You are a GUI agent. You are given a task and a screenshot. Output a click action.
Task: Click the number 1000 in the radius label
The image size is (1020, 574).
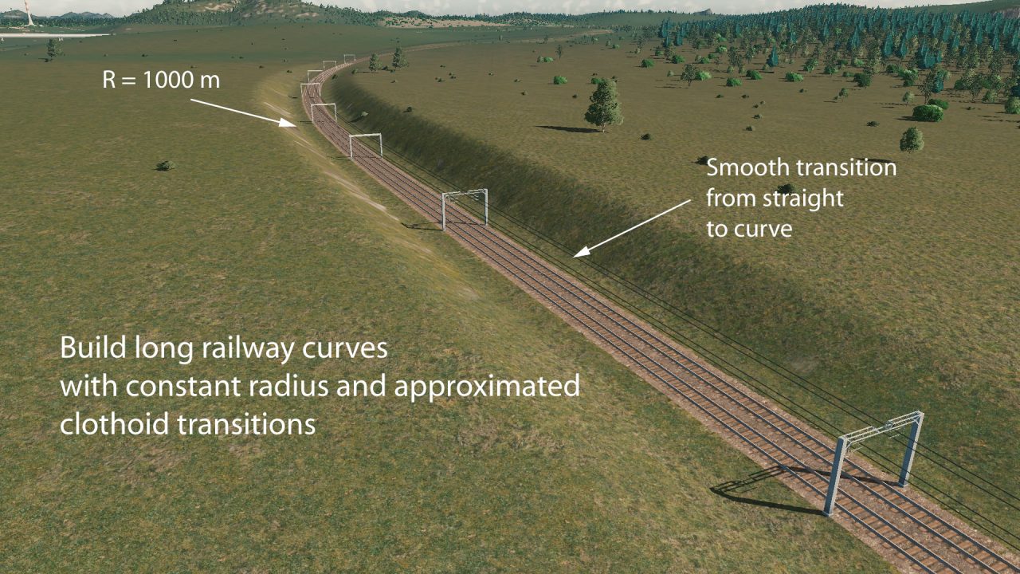pos(168,81)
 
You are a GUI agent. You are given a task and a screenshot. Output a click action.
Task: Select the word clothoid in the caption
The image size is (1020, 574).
pos(114,423)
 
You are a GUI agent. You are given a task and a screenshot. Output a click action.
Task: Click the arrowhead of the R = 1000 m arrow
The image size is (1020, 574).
pos(288,122)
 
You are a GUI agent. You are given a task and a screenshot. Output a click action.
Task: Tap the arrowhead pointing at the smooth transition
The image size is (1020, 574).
pos(582,252)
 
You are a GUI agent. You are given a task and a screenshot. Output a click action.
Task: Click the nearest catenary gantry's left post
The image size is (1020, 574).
pos(834,476)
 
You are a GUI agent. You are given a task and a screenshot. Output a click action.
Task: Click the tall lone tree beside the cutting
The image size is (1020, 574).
pos(603,104)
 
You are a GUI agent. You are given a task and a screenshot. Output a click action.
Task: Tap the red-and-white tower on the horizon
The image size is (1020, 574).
pos(29,13)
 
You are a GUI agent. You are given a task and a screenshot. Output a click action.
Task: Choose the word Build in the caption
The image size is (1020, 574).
pos(93,348)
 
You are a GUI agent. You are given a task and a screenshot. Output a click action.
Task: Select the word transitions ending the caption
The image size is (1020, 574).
pos(246,423)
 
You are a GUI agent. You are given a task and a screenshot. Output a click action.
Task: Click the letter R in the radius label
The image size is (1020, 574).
pos(108,81)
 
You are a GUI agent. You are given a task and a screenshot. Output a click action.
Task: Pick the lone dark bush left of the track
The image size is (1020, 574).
pos(165,166)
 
